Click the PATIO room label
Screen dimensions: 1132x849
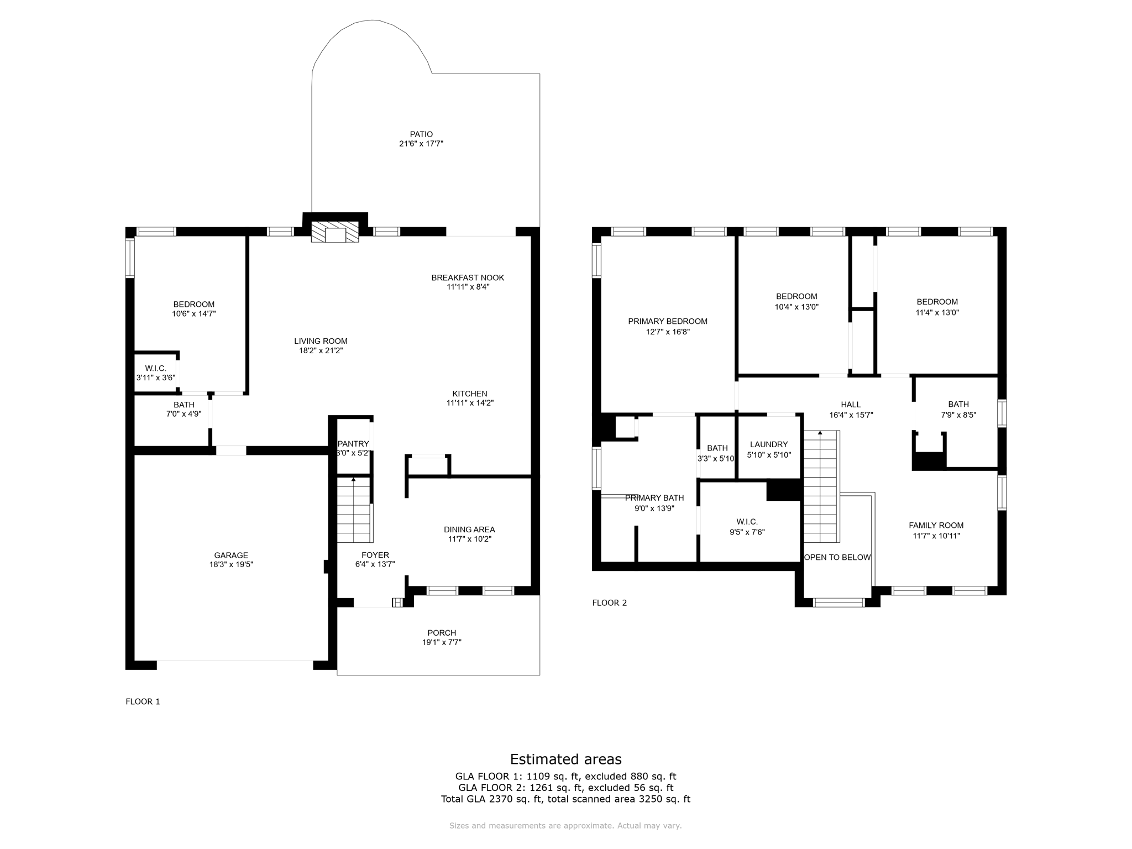[421, 134]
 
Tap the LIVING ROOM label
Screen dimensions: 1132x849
[321, 341]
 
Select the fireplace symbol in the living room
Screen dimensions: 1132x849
[335, 232]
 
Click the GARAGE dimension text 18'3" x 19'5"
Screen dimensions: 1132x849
[231, 565]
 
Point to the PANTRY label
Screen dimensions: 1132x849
[353, 444]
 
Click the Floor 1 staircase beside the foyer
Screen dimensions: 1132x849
[354, 510]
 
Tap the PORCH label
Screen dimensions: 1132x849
[442, 633]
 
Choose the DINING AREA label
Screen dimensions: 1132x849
[469, 530]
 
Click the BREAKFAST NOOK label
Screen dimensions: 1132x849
[468, 277]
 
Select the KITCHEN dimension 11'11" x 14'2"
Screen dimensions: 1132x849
[470, 403]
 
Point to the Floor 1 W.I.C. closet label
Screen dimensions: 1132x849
[155, 368]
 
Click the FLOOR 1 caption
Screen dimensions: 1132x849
[143, 701]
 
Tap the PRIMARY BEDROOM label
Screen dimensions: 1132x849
[668, 321]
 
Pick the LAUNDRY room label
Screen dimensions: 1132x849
[769, 444]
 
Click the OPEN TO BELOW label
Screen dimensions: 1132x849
[837, 557]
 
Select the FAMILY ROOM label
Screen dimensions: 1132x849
[936, 525]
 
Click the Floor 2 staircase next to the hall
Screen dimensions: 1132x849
[821, 486]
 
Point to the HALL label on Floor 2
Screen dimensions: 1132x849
[851, 405]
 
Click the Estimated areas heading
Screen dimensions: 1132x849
[565, 759]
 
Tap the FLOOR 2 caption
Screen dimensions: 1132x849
[610, 602]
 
